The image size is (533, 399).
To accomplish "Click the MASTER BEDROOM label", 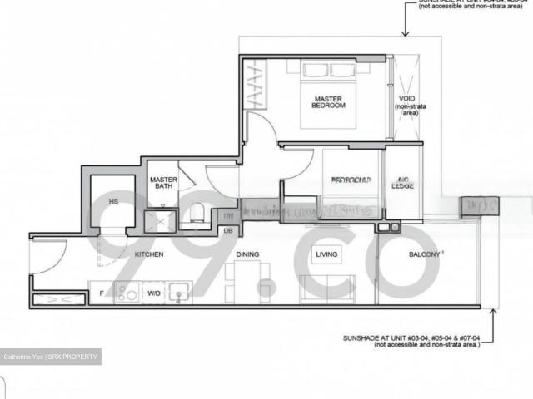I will [x=328, y=102].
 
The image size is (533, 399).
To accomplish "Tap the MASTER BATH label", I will [x=162, y=184].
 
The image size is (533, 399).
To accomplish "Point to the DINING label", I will [x=248, y=254].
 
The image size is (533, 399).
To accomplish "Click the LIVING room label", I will [x=326, y=254].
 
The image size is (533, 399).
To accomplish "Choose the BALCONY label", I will [x=425, y=254].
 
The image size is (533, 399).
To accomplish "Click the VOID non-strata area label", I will [x=406, y=109].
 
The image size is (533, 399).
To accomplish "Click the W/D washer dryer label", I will [x=154, y=293].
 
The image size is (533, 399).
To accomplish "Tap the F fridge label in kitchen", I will [x=102, y=293].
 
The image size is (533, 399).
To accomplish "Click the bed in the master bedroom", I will [x=328, y=93].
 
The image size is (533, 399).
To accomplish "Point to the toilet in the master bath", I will [x=196, y=215].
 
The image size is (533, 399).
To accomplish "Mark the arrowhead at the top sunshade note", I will [x=405, y=33].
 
